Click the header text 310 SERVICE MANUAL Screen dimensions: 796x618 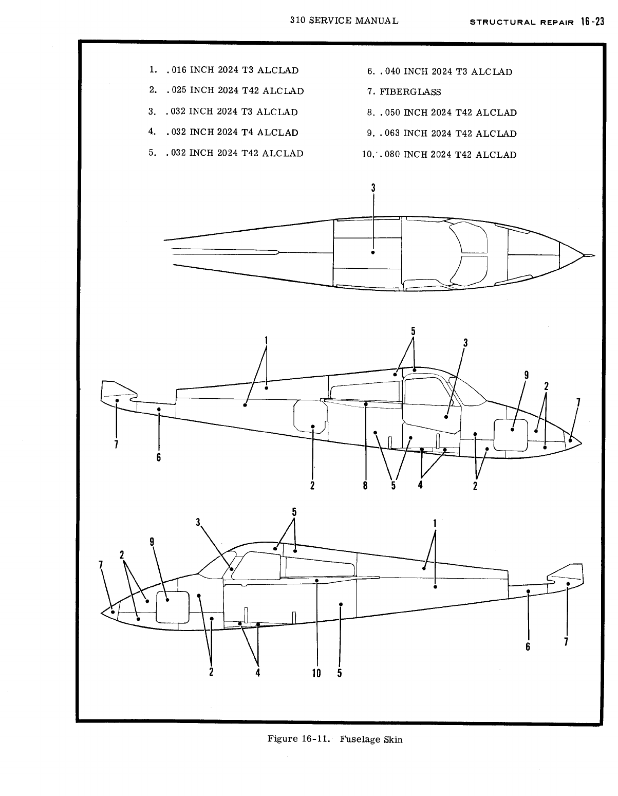coord(344,21)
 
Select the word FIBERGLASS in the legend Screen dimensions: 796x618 coord(410,92)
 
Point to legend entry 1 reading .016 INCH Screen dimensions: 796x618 coord(223,70)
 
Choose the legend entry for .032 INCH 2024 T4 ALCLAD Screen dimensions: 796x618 coord(223,132)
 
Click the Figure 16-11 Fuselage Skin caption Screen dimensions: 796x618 coord(335,739)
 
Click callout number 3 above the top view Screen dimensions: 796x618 coord(373,188)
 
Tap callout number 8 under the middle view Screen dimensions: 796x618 coord(365,485)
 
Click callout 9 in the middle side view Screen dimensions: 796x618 coord(526,375)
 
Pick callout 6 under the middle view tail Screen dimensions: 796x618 coord(159,456)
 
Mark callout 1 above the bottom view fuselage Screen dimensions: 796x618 coord(435,523)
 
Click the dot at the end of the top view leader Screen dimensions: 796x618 coord(373,252)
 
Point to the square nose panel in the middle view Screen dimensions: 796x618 coord(510,435)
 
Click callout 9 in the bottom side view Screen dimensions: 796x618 coord(152,542)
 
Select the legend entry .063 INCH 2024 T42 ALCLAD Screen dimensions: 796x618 coord(442,134)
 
